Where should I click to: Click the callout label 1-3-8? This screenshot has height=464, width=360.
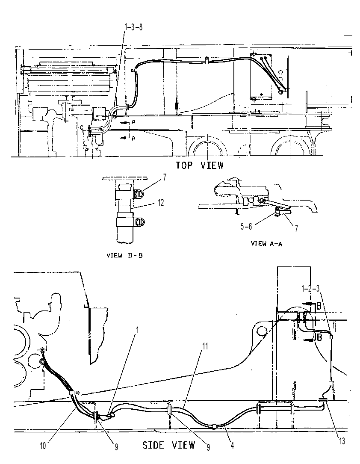tap(133, 27)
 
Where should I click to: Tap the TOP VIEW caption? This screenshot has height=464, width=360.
tap(200, 165)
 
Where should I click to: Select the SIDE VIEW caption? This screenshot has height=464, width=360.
tap(168, 445)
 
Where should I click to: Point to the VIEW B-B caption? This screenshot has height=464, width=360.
tap(124, 255)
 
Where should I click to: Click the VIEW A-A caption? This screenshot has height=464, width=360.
tap(266, 243)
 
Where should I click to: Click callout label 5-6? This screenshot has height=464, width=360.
tap(246, 226)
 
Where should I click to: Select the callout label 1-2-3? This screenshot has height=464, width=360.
tap(310, 288)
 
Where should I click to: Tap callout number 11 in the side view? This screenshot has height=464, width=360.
tap(205, 346)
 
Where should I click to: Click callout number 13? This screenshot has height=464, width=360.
tap(342, 441)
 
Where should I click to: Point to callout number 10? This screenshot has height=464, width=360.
tap(43, 446)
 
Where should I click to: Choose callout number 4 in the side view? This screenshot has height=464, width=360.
tap(233, 445)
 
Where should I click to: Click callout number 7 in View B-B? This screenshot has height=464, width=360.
tap(165, 177)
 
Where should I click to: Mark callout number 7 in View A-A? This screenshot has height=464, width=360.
tap(296, 228)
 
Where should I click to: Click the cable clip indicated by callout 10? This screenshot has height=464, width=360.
tap(74, 393)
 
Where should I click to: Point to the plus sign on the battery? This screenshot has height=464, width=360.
tap(261, 94)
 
